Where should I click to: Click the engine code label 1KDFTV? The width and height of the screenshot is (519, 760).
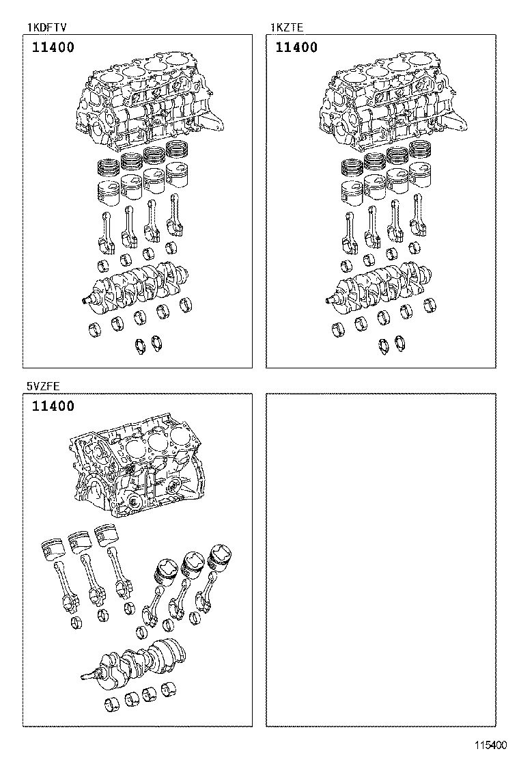(46, 27)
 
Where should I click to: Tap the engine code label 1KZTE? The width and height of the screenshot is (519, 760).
(287, 27)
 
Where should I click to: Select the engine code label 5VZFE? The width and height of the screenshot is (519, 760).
(44, 386)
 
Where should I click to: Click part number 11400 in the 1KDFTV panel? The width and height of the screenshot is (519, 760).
(53, 48)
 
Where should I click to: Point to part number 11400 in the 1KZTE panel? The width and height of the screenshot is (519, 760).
(296, 48)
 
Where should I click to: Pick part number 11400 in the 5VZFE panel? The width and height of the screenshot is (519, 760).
(53, 407)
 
